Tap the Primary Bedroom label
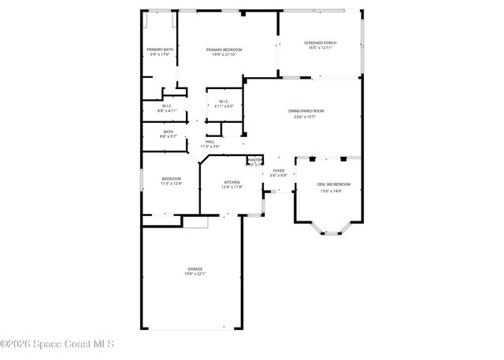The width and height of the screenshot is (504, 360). pyautogui.click(x=224, y=50)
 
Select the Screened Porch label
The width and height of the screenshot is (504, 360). pyautogui.click(x=320, y=43)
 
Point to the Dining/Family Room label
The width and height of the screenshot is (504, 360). pyautogui.click(x=306, y=111)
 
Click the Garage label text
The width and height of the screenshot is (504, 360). pyautogui.click(x=195, y=269)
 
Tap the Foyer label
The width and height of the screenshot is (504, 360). pyautogui.click(x=279, y=170)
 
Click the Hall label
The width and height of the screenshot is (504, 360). pyautogui.click(x=209, y=142)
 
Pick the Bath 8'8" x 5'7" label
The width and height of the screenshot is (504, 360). pyautogui.click(x=169, y=132)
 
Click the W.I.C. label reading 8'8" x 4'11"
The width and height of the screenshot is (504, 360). pyautogui.click(x=167, y=106)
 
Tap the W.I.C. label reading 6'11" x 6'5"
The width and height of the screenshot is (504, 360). pyautogui.click(x=224, y=101)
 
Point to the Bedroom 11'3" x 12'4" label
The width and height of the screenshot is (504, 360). pyautogui.click(x=172, y=178)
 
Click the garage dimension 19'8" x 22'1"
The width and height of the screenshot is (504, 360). pyautogui.click(x=195, y=274)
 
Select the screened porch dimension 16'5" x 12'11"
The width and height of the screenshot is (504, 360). pyautogui.click(x=320, y=48)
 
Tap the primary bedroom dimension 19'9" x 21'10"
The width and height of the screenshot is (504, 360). pyautogui.click(x=224, y=55)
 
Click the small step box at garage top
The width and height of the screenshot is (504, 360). pyautogui.click(x=195, y=222)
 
